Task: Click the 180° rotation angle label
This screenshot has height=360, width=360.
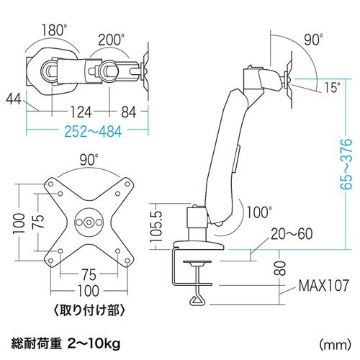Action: coord(54,30)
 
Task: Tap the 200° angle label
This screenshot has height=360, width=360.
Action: coord(111,40)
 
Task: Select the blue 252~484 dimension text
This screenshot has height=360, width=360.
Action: coord(93,132)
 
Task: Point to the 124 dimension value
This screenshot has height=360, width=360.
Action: coord(81,112)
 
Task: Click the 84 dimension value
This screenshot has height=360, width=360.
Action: coord(129,112)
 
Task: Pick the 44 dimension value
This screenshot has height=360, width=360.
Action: coord(14,99)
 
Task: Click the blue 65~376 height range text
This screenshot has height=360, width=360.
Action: coord(346,164)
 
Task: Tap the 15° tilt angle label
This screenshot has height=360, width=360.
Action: coord(333,87)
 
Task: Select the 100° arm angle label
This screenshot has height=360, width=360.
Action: coord(259,212)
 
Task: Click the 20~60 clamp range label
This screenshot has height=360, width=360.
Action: coord(292,234)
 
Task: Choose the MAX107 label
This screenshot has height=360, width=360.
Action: coord(323,285)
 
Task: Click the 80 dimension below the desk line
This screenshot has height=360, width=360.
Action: coord(280,268)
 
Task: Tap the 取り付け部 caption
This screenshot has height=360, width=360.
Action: coord(89,310)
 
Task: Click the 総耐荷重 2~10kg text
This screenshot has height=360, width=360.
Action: coord(66,344)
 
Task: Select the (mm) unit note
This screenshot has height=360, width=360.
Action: coord(335,345)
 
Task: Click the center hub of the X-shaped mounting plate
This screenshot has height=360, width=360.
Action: coord(89,222)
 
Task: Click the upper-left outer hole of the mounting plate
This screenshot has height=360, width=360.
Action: coord(50,184)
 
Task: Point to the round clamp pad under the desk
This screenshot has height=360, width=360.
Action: coord(197,264)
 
